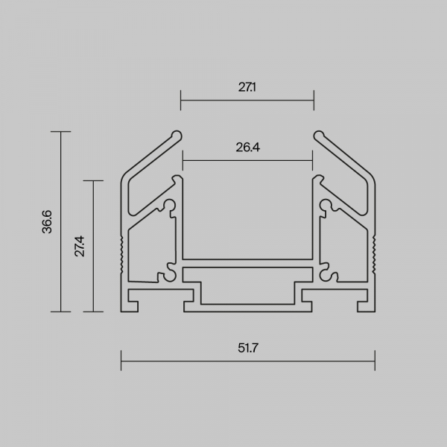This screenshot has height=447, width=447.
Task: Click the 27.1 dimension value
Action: [x=247, y=87]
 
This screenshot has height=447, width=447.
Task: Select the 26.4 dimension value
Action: [x=248, y=148]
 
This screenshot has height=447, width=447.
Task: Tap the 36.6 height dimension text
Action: [x=47, y=222]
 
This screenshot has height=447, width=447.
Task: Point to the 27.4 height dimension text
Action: [x=80, y=246]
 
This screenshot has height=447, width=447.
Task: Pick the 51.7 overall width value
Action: [x=248, y=348]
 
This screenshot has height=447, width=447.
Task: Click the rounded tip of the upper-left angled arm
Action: [x=177, y=136]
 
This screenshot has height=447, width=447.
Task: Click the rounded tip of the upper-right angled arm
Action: [x=319, y=136]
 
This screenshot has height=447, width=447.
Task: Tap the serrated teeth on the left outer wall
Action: [x=122, y=255]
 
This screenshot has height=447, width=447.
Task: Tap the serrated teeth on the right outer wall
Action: [x=373, y=255]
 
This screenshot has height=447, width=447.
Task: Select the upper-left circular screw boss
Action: [x=170, y=206]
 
